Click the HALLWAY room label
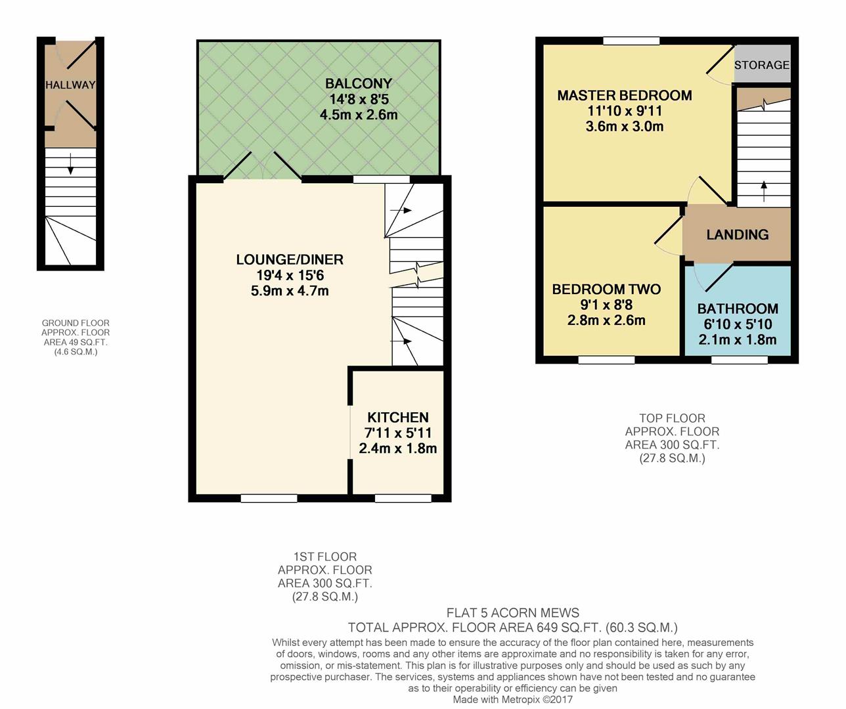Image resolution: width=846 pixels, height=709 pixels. (70, 85)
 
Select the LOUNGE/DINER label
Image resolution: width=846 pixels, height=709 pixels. (290, 259)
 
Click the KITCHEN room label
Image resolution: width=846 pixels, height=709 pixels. (397, 418)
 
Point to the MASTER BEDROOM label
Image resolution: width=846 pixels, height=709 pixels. (624, 95)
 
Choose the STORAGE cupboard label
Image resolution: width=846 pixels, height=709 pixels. (761, 65)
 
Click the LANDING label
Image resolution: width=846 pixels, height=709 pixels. (737, 234)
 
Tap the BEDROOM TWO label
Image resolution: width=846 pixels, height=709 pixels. (606, 289)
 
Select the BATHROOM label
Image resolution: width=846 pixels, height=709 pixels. (737, 309)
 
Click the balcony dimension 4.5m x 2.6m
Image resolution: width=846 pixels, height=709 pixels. (358, 115)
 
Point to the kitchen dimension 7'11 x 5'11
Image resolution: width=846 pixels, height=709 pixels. (397, 433)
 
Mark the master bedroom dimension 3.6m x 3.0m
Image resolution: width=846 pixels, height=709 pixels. (624, 127)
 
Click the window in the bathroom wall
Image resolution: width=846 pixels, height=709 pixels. (739, 360)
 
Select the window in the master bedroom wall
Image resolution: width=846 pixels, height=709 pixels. (631, 41)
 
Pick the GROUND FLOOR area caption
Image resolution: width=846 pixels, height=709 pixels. (76, 337)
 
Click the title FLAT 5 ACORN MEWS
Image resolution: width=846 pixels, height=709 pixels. (512, 613)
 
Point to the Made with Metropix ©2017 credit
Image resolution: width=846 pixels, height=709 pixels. (512, 700)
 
